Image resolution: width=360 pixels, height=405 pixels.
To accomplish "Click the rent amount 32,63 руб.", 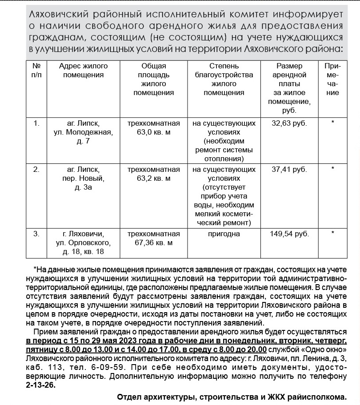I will click(x=289, y=123).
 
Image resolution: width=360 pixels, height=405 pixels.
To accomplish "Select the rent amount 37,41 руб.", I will click(x=289, y=170).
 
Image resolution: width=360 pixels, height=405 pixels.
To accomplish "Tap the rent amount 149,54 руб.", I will click(x=289, y=234).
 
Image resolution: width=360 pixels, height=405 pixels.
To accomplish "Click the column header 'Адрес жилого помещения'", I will click(x=84, y=70).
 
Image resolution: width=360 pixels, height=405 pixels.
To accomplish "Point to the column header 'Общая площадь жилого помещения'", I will click(x=153, y=79).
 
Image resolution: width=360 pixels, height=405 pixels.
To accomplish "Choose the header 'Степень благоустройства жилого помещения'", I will click(x=224, y=79).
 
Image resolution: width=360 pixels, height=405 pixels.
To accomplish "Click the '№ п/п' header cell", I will click(x=37, y=70).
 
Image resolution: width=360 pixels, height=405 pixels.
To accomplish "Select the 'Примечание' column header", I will click(x=332, y=79).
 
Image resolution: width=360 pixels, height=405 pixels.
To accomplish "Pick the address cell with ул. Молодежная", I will click(x=84, y=132).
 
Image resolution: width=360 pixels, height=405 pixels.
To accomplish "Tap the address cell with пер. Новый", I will click(x=84, y=178).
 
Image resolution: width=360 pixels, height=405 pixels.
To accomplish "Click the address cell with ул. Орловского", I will click(x=84, y=242).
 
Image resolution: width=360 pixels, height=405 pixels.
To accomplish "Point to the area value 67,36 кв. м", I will click(x=153, y=242).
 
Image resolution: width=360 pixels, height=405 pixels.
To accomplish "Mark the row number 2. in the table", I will click(x=37, y=170).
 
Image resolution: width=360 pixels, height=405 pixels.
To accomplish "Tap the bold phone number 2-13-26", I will click(x=39, y=385).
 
